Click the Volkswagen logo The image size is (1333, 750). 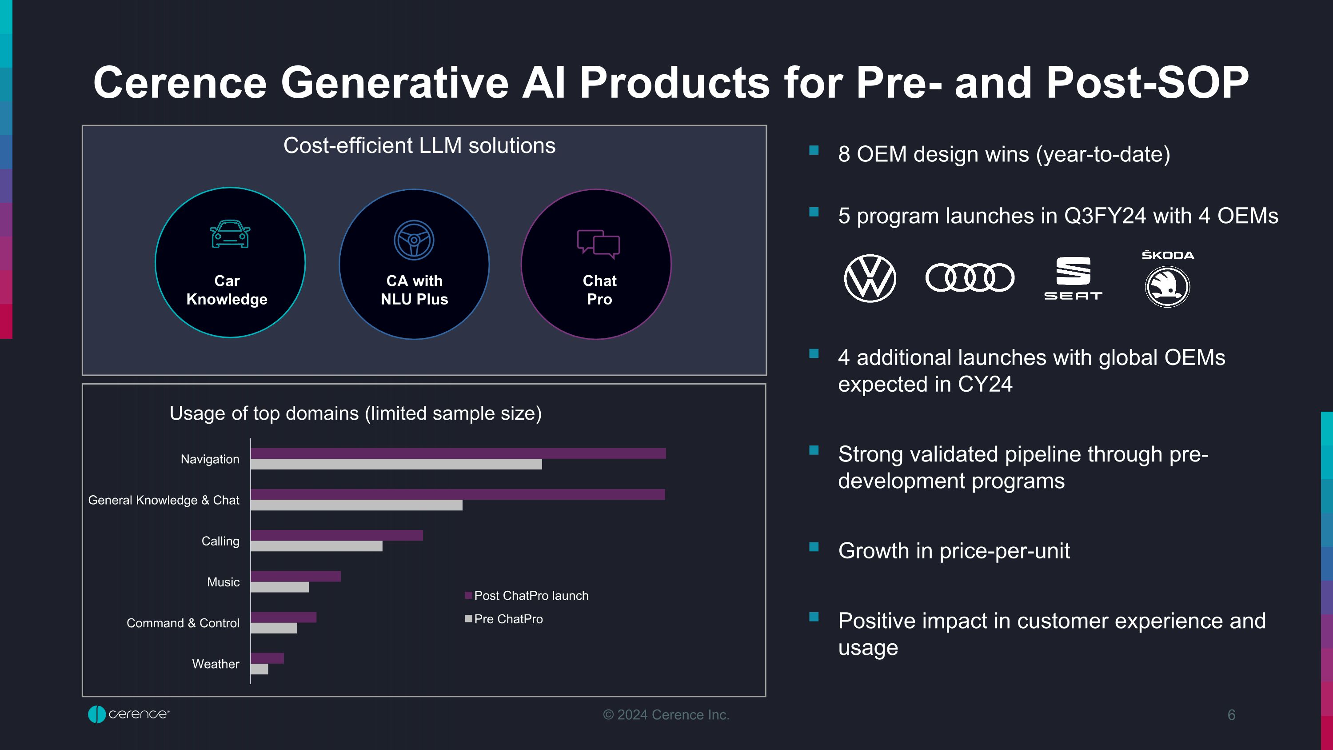pyautogui.click(x=870, y=278)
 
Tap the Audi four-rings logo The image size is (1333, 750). pyautogui.click(x=970, y=277)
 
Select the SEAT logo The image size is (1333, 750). pyautogui.click(x=1073, y=278)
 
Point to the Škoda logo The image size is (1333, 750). pyautogui.click(x=1167, y=281)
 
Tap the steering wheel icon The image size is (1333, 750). pyautogui.click(x=414, y=240)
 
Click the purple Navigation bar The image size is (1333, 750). pyautogui.click(x=458, y=453)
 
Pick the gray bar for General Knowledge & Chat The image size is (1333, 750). pyautogui.click(x=356, y=505)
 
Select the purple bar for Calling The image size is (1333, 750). pyautogui.click(x=336, y=535)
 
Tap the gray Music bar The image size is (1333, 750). pyautogui.click(x=279, y=587)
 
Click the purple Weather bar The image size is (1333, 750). pyautogui.click(x=267, y=658)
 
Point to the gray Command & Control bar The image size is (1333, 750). pyautogui.click(x=274, y=628)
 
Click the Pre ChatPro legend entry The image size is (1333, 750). pyautogui.click(x=504, y=619)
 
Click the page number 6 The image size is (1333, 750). pyautogui.click(x=1231, y=715)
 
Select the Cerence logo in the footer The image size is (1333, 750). pyautogui.click(x=128, y=714)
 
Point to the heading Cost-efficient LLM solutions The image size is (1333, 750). pyautogui.click(x=419, y=145)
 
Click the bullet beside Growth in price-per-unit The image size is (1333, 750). pyautogui.click(x=814, y=547)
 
